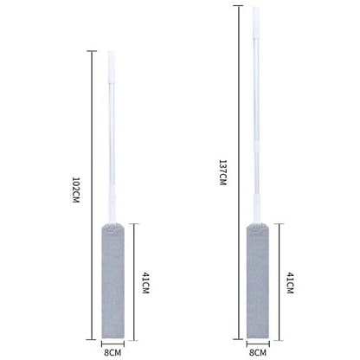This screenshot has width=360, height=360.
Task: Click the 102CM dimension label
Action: pos(75,190)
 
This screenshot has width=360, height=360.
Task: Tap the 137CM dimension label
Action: pos(222,172)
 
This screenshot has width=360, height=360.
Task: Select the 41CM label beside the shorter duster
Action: pos(145,282)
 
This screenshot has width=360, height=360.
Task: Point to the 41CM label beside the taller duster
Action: pos(290,282)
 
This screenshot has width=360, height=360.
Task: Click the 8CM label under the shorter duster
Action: pos(112,352)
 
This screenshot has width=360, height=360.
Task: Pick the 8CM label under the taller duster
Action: pos(258,352)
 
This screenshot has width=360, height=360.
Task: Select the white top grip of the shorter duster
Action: pos(112,67)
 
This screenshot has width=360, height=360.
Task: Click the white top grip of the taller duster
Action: pos(256,22)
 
